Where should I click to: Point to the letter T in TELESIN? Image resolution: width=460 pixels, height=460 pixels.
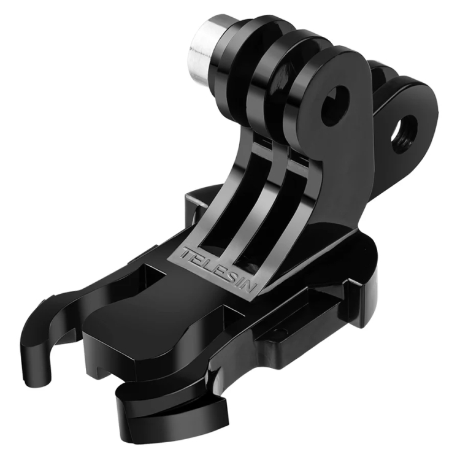point(186,252)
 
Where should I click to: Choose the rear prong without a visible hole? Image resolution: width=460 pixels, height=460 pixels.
point(383,80)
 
